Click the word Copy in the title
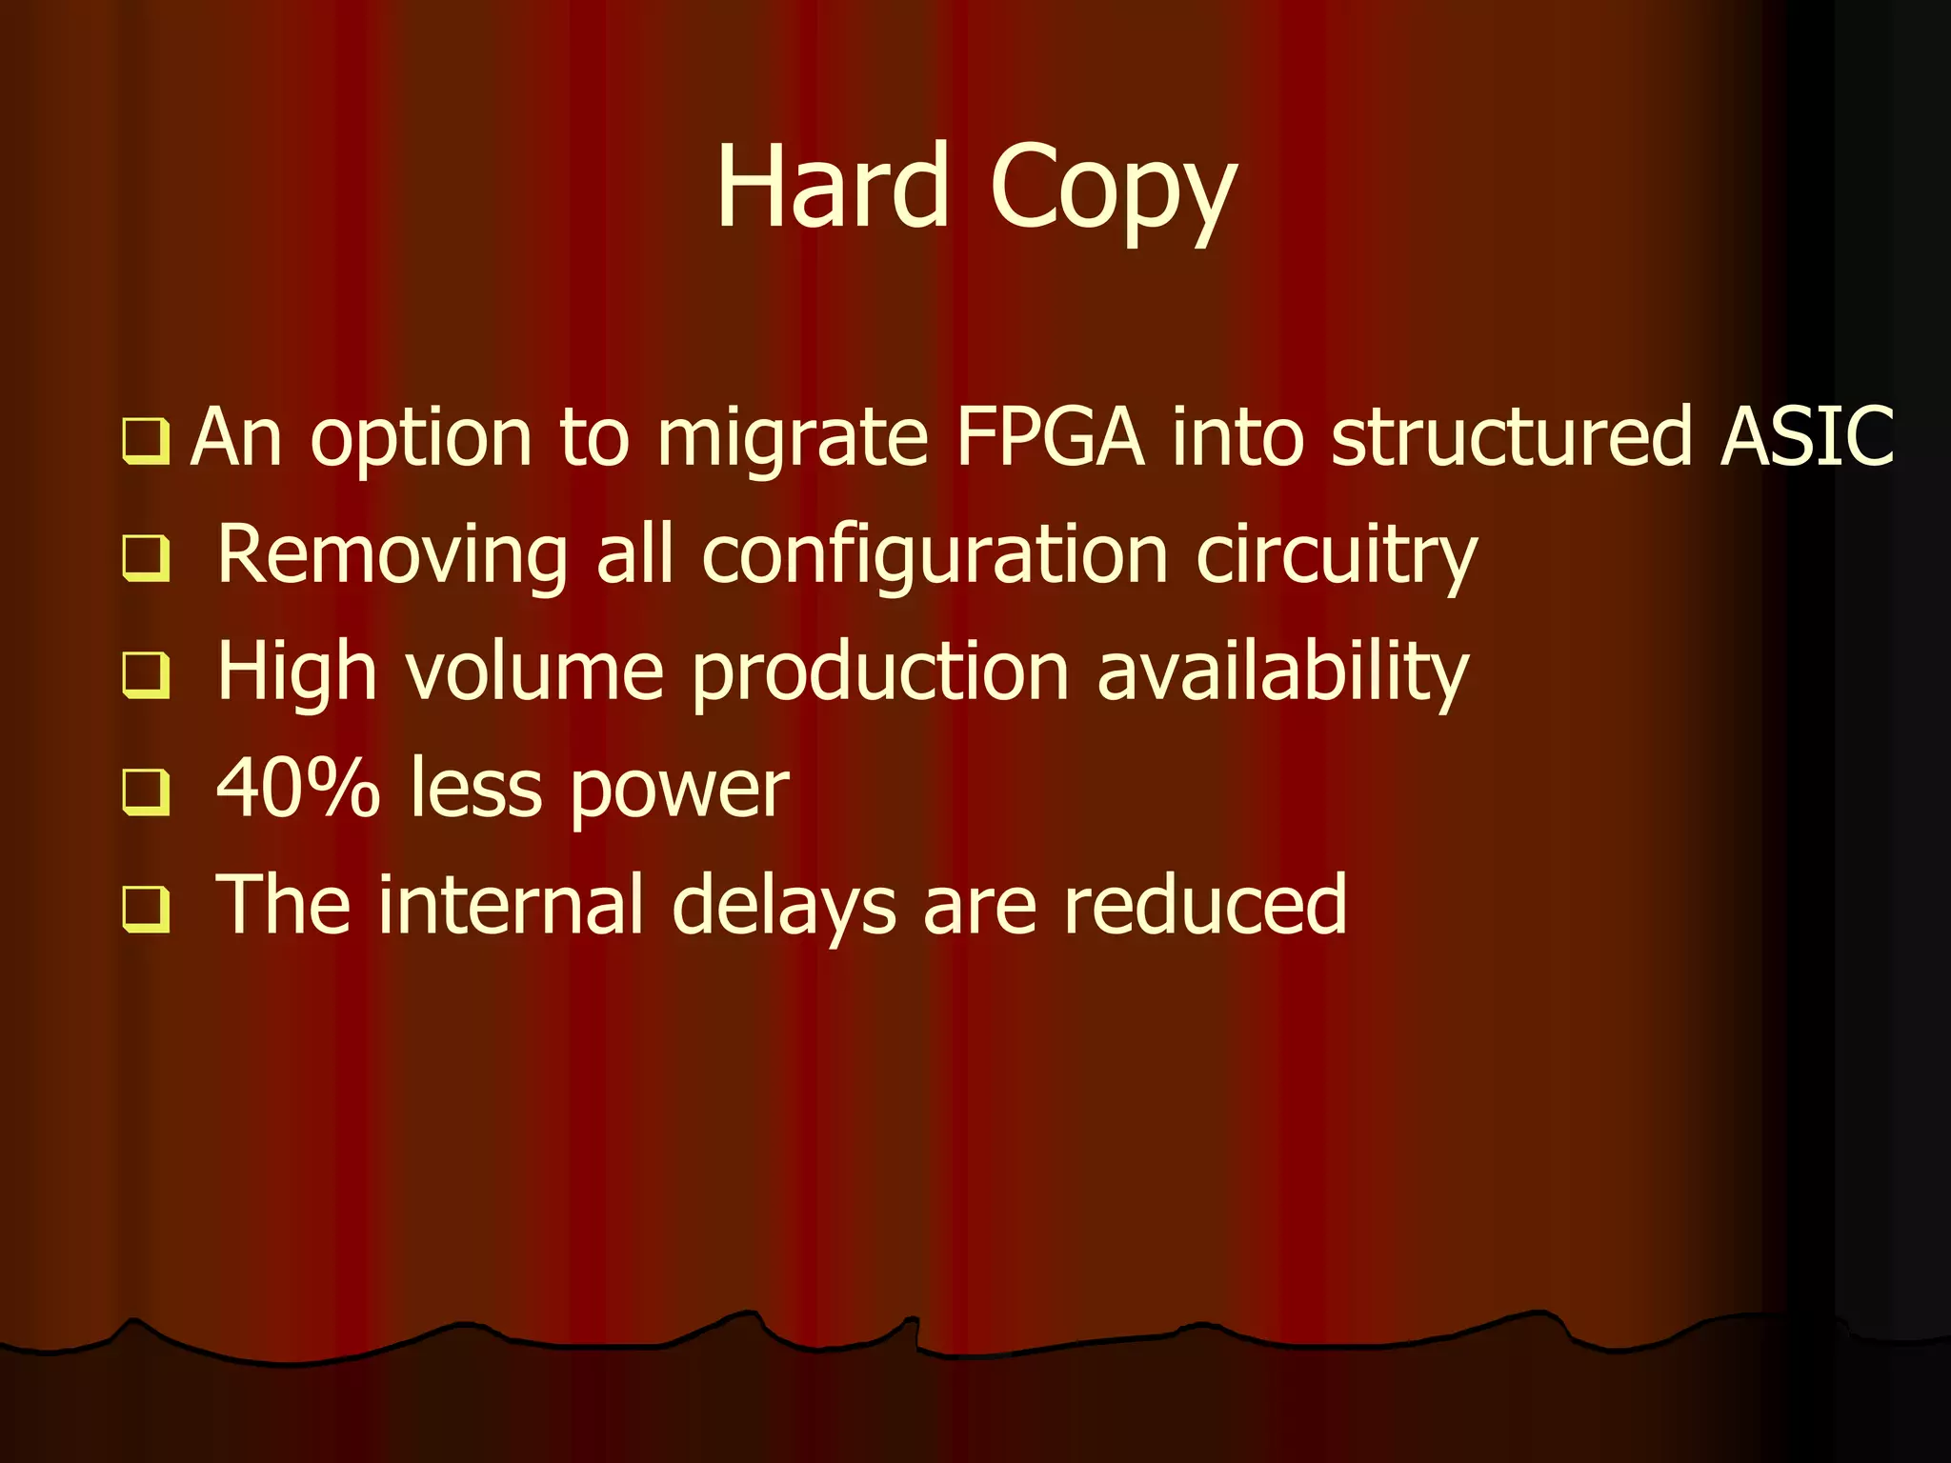point(1113,190)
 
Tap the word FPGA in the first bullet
point(1049,438)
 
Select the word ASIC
point(1807,436)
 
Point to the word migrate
point(793,442)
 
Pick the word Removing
point(392,556)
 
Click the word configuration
point(935,556)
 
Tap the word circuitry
point(1336,556)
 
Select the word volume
point(534,672)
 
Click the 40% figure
point(298,789)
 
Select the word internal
point(511,905)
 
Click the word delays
point(783,907)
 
